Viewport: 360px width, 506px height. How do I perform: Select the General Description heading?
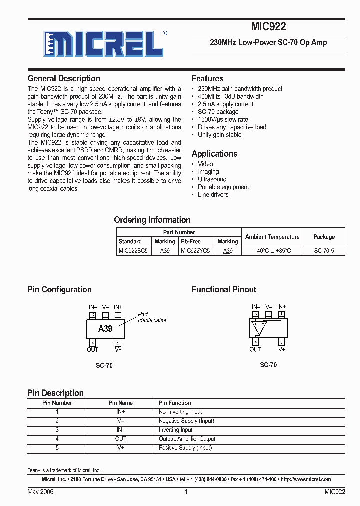(64, 78)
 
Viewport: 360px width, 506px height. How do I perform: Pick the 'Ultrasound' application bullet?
(212, 179)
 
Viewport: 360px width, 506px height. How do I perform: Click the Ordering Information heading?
(152, 220)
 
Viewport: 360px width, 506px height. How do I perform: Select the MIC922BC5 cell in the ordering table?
(133, 251)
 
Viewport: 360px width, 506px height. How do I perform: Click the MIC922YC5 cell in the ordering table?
(195, 251)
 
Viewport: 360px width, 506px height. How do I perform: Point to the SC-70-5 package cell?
(324, 251)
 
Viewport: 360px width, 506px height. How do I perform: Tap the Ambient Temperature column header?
(272, 237)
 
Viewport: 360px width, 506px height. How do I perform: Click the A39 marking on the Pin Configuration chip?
(105, 329)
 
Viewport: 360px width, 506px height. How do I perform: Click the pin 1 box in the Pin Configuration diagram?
(118, 315)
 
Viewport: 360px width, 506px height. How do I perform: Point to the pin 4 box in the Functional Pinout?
(255, 342)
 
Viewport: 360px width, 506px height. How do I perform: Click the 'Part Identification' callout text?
(152, 317)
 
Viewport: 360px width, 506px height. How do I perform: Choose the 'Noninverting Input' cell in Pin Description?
(180, 412)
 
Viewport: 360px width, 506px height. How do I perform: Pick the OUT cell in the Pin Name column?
(121, 439)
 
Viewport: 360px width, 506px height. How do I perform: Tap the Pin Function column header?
(175, 403)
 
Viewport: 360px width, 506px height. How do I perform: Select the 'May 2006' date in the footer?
(40, 492)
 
